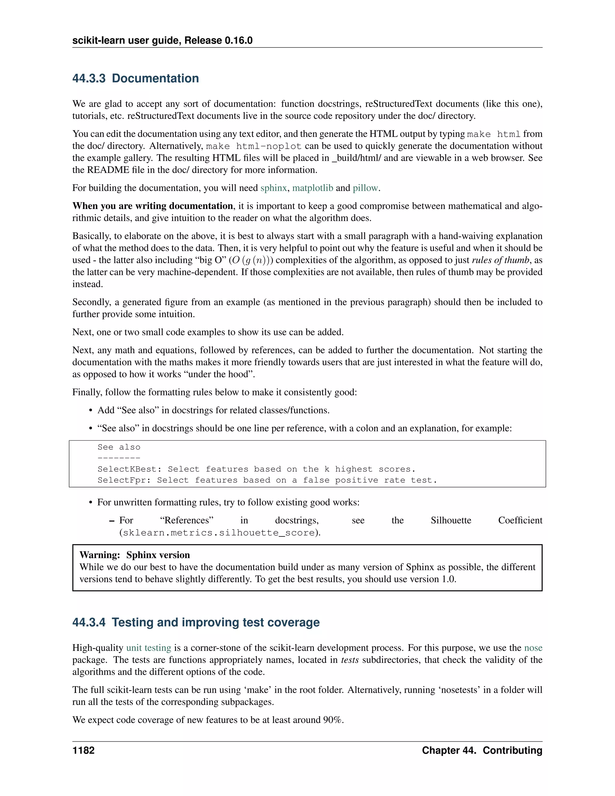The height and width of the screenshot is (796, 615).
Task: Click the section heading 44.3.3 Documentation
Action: pos(135,78)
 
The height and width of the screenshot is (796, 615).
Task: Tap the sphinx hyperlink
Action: pos(273,188)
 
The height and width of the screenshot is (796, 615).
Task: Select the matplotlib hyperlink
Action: pos(312,188)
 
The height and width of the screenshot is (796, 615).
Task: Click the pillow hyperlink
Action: pos(365,188)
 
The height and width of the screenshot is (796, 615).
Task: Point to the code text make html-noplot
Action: pos(253,147)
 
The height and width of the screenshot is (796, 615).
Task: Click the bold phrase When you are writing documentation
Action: pos(153,206)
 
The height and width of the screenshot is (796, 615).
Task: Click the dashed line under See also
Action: pos(119,458)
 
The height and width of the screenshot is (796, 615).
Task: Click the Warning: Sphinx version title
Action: pos(135,555)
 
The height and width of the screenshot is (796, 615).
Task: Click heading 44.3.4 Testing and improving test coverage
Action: pos(196,622)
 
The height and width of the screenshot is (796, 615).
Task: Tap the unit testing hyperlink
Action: pos(148,648)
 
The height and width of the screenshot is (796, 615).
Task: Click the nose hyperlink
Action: pos(533,648)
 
